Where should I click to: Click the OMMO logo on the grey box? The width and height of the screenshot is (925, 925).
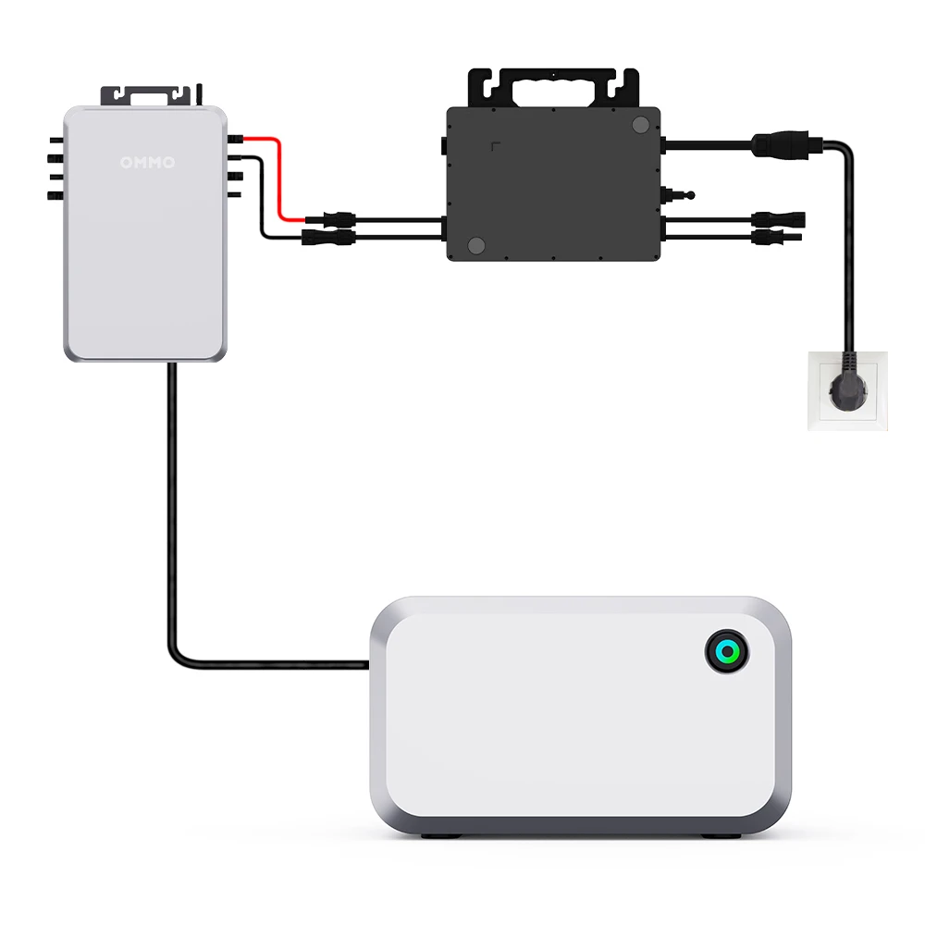tap(147, 163)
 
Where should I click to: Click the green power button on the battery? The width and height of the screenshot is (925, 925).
tap(727, 653)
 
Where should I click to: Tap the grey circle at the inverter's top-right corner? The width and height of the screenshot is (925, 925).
tap(639, 124)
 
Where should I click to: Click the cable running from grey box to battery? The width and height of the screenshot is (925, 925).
tap(172, 518)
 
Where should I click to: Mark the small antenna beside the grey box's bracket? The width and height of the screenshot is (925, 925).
tap(201, 92)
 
